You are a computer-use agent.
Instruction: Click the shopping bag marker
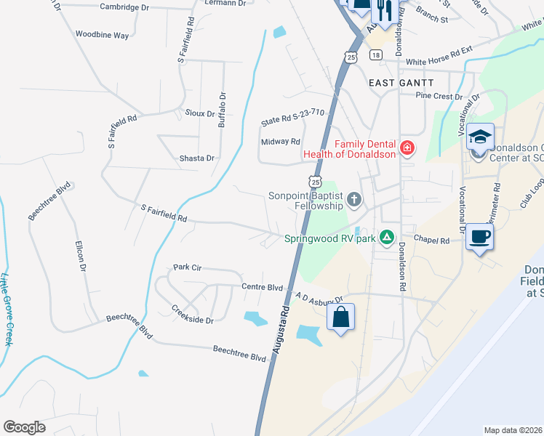tap(340, 318)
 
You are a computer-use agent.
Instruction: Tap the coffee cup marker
tap(480, 238)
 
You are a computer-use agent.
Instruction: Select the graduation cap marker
tap(480, 137)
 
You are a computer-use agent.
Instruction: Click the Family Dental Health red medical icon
tap(407, 149)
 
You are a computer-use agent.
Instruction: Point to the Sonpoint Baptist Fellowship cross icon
tap(354, 200)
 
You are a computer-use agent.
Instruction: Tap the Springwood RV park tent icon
tap(388, 237)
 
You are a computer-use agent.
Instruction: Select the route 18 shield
tap(375, 55)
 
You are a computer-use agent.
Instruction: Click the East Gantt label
tap(401, 83)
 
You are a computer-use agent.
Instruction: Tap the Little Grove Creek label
tap(7, 309)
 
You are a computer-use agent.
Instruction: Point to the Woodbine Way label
tap(102, 35)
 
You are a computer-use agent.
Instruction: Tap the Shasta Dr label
tap(197, 158)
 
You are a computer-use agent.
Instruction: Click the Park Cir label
tap(187, 267)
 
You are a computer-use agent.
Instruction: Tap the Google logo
tap(24, 427)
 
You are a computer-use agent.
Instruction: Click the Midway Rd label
tap(281, 142)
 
